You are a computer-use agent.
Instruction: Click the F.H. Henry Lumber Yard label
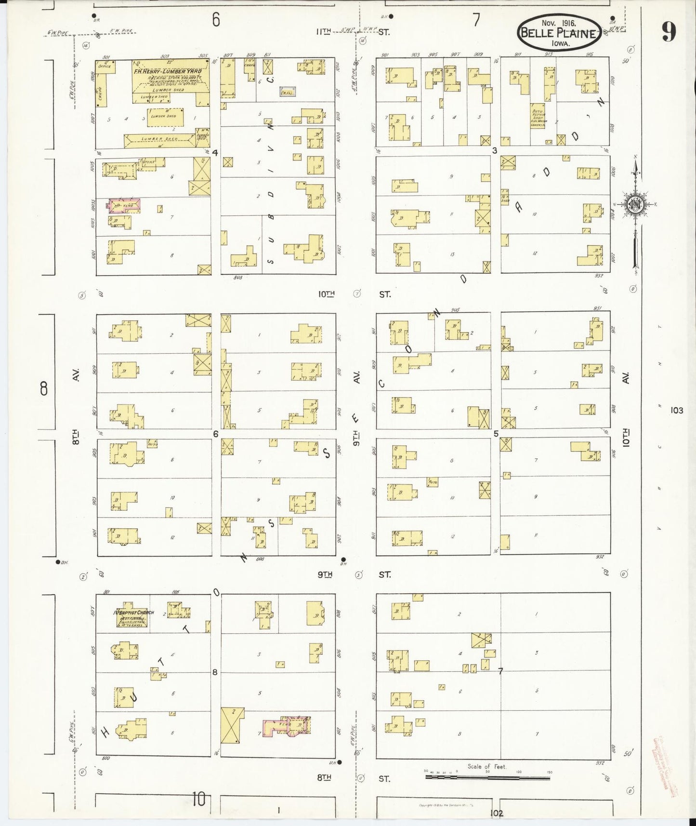point(165,71)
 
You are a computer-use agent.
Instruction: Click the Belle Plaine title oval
point(559,33)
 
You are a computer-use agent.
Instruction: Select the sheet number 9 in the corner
point(668,32)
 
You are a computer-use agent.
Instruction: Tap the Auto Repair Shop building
point(538,117)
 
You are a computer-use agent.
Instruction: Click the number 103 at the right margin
point(676,411)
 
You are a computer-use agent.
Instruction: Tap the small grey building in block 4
point(288,91)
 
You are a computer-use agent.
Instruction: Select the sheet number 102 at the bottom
point(497,813)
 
